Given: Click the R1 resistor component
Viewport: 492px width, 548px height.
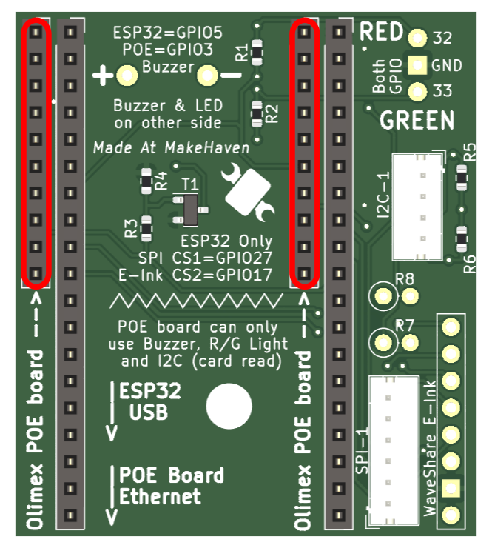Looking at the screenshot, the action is [257, 53].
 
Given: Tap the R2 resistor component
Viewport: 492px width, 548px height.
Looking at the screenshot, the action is [257, 114].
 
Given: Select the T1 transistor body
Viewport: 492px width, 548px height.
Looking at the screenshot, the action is [190, 210].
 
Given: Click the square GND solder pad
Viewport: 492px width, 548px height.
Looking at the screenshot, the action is [417, 65].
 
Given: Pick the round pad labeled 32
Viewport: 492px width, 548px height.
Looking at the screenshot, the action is [417, 38].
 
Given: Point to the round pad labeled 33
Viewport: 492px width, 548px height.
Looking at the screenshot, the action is [417, 92].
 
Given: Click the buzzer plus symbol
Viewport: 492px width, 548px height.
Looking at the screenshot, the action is [102, 76].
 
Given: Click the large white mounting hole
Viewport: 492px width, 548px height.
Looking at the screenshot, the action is [229, 406].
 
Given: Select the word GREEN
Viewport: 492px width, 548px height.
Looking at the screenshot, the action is [417, 120].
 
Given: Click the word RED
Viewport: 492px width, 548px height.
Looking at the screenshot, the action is [381, 32].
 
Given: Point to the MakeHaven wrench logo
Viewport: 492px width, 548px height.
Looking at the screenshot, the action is [248, 192].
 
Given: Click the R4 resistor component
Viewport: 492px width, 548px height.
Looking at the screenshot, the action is [146, 181].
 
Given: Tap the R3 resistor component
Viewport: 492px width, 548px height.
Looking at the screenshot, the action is [146, 229].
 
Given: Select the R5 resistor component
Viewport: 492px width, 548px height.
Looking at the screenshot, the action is [462, 178].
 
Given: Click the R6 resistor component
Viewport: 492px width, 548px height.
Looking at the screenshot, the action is [462, 239].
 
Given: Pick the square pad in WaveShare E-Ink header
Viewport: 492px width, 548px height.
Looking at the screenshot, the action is [451, 488].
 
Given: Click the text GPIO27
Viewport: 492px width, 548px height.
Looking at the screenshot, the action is [244, 258].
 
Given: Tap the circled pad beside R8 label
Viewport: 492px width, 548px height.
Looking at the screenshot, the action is [383, 296].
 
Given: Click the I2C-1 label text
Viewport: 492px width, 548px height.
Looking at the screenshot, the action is [383, 194].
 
